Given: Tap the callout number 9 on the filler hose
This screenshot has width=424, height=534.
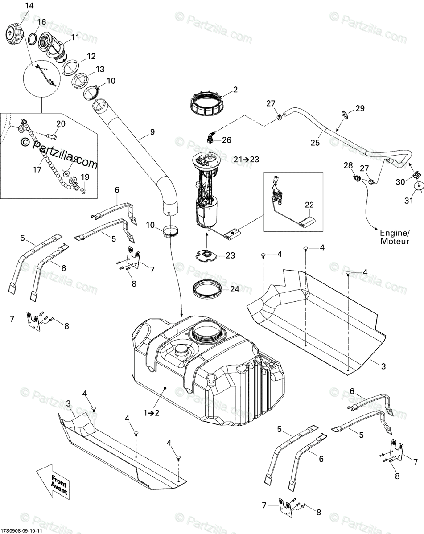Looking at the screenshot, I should coord(152,132).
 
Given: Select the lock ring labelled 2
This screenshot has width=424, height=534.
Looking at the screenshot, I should coord(206,103).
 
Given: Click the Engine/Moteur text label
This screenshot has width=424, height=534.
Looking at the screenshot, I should coord(394,237).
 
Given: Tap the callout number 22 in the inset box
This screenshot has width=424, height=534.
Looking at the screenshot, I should coord(309,205).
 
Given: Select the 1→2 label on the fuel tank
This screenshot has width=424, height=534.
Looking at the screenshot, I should coord(151,412).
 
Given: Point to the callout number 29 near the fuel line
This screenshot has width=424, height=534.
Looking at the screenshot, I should coord(359,108).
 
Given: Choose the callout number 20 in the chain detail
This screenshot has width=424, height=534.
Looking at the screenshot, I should coord(61,123).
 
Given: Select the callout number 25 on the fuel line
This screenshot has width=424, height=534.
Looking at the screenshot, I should coord(315,142).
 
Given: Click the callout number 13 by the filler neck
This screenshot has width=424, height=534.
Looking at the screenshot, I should coord(100,69).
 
